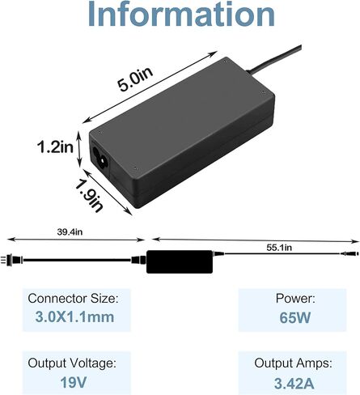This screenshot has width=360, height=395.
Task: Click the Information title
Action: [181, 14]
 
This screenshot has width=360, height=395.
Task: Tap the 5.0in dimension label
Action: [135, 79]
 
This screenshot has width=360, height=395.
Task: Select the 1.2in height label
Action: [55, 147]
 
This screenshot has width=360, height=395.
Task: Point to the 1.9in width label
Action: [89, 196]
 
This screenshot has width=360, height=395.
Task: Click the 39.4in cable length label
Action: [70, 231]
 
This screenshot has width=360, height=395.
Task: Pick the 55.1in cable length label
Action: [279, 248]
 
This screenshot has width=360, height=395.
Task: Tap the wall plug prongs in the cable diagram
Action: [3, 260]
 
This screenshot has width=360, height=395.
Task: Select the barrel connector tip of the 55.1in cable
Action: [350, 253]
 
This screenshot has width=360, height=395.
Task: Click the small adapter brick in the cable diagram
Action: [180, 261]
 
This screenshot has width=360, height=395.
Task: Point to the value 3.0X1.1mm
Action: [74, 316]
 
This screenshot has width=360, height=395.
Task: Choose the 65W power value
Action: [294, 317]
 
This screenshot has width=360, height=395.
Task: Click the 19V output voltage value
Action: [74, 382]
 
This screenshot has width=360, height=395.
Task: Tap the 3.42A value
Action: [294, 383]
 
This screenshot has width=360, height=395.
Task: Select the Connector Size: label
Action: [73, 299]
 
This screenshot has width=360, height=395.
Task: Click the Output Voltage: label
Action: [72, 363]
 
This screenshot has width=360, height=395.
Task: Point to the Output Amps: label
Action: [293, 363]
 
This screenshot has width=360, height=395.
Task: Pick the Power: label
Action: [295, 299]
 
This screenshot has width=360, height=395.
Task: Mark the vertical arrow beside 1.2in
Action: [79, 150]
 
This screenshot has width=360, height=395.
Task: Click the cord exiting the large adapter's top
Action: [275, 59]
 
